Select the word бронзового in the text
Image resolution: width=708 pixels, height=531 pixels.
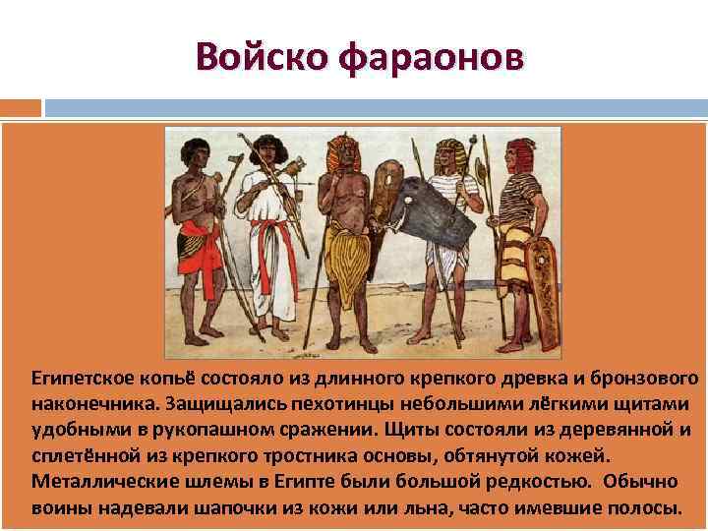[x=648, y=379]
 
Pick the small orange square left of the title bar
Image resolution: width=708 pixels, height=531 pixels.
[x=21, y=106]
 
